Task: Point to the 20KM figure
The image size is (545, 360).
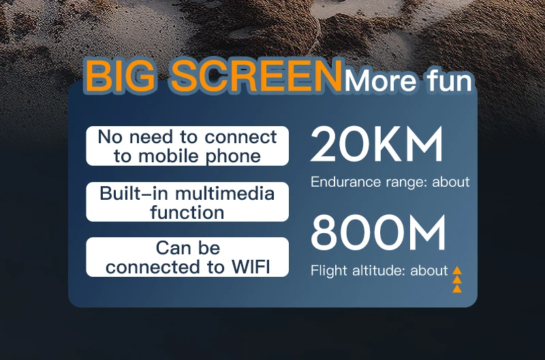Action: tap(377, 144)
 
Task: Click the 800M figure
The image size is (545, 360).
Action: tap(378, 232)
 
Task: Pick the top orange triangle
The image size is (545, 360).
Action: tap(457, 270)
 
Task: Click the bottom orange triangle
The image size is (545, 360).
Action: tap(457, 288)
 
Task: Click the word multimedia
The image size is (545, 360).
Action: tap(225, 193)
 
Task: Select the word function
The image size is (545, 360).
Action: tap(187, 212)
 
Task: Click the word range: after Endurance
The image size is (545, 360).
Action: tap(406, 182)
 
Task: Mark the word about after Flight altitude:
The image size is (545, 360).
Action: tap(429, 271)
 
